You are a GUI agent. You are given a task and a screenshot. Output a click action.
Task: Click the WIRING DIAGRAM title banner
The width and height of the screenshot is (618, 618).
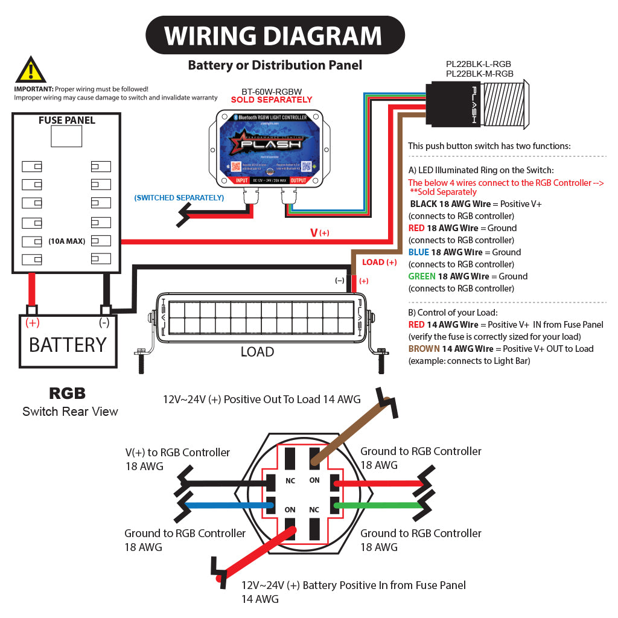(x=275, y=36)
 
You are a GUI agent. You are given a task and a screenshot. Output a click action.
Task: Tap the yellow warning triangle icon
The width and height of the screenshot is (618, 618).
(x=31, y=70)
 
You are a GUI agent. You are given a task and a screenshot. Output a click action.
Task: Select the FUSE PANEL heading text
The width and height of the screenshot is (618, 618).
(x=66, y=120)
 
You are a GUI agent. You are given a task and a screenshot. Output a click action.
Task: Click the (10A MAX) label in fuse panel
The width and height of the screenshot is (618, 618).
(x=67, y=241)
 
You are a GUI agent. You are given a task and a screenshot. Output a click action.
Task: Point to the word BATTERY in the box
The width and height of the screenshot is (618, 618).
(x=68, y=345)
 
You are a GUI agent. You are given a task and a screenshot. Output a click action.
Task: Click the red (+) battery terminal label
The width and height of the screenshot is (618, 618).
(x=32, y=322)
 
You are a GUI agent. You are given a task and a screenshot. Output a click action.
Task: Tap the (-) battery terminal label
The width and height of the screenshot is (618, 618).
(x=104, y=322)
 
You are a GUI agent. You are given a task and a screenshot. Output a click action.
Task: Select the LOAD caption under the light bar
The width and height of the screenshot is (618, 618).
(x=257, y=352)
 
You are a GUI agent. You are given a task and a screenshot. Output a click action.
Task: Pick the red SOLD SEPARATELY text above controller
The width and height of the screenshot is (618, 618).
(x=272, y=100)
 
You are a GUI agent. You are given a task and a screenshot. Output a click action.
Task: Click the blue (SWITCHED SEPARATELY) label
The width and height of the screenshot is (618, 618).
(x=179, y=197)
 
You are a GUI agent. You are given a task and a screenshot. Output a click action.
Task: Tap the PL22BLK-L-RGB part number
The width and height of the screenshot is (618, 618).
(x=479, y=63)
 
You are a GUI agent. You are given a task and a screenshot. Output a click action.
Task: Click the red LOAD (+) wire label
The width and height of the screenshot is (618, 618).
(x=379, y=262)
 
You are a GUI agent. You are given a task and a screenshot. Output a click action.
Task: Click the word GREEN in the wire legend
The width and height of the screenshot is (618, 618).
(x=422, y=276)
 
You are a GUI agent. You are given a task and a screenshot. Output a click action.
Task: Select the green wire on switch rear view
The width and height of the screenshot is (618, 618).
(x=380, y=505)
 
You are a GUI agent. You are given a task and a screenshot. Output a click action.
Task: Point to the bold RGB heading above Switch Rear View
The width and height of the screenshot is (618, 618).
(x=67, y=394)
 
